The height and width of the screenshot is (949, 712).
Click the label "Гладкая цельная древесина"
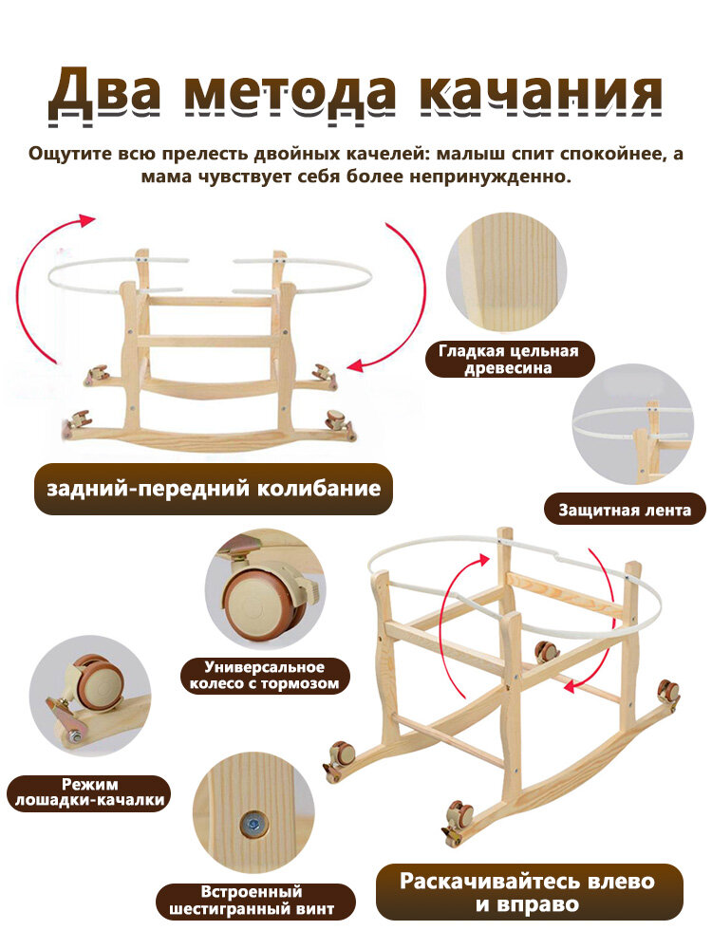point(509,360)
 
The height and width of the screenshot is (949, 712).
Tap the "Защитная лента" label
point(625,510)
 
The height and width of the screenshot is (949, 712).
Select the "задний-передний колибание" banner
point(214,489)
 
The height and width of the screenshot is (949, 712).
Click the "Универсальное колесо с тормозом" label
point(265,676)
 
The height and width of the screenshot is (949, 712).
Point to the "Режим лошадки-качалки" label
point(89,792)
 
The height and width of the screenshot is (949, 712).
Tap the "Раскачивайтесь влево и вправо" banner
point(527,892)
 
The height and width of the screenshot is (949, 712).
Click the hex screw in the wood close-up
point(251,824)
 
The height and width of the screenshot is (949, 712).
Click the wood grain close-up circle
point(506,273)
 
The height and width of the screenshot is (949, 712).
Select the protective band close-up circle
point(633,423)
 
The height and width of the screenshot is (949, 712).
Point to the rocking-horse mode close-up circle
point(89,696)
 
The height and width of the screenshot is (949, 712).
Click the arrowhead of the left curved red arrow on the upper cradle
point(88,220)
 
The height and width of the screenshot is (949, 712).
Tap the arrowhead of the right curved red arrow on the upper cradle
point(356,365)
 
